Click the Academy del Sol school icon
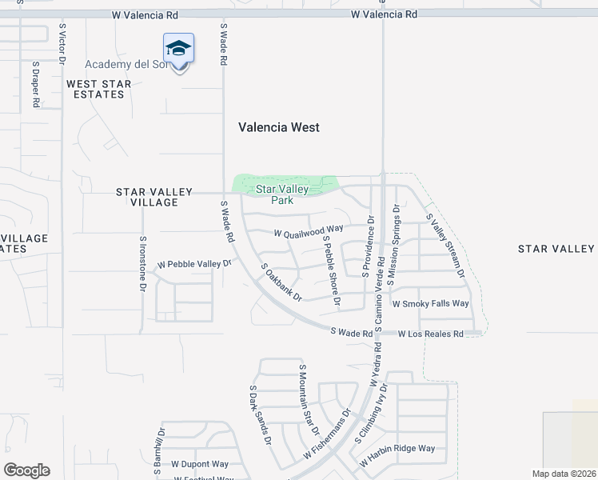click(x=178, y=50)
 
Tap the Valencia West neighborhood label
click(x=279, y=127)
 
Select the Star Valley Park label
click(x=282, y=194)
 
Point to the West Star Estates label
click(x=95, y=89)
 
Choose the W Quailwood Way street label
click(x=308, y=230)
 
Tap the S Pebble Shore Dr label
click(x=332, y=271)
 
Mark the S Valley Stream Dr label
click(x=446, y=245)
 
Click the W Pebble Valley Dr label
click(x=194, y=263)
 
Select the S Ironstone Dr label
click(x=143, y=262)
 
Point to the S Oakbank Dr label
click(x=281, y=282)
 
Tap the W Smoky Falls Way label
click(x=430, y=304)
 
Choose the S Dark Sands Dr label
click(x=260, y=418)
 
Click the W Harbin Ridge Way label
click(x=397, y=449)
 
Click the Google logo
click(x=26, y=470)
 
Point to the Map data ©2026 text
click(x=564, y=474)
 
